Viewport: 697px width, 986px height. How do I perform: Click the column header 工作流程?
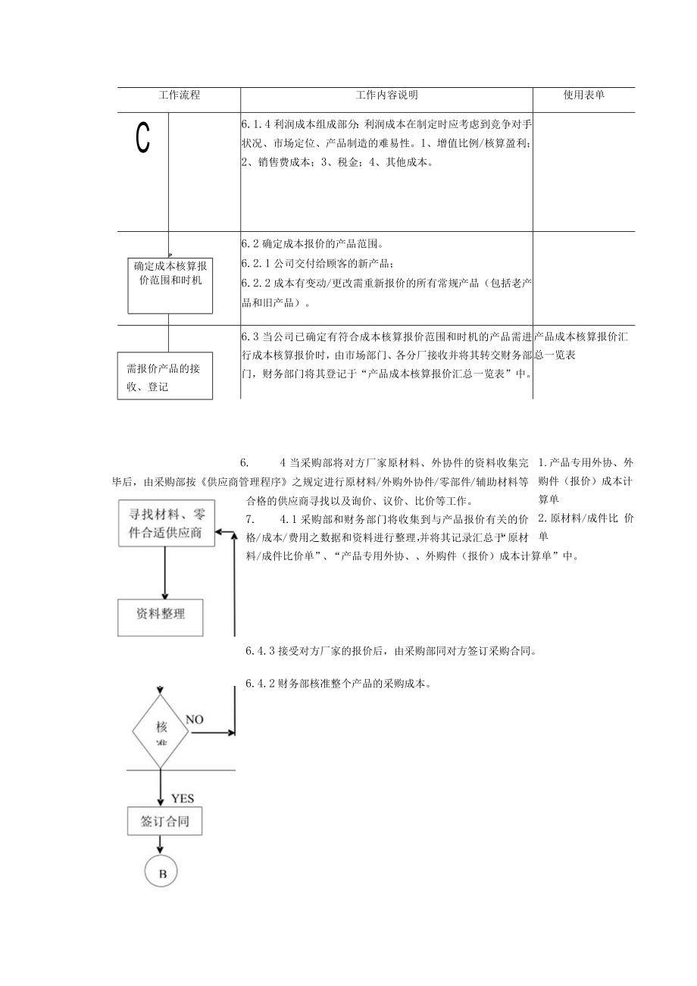tap(179, 95)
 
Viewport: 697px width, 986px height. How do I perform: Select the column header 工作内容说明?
tap(386, 95)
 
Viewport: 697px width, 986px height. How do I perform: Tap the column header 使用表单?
tap(584, 95)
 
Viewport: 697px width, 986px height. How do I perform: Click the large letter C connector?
tap(142, 138)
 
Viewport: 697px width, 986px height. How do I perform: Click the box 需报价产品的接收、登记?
tap(165, 377)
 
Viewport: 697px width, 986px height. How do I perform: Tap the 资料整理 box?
tap(161, 615)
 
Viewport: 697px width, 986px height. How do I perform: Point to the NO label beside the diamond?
tap(195, 720)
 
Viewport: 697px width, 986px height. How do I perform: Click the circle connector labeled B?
tap(161, 873)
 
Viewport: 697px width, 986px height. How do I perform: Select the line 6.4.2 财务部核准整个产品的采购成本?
tap(339, 684)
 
